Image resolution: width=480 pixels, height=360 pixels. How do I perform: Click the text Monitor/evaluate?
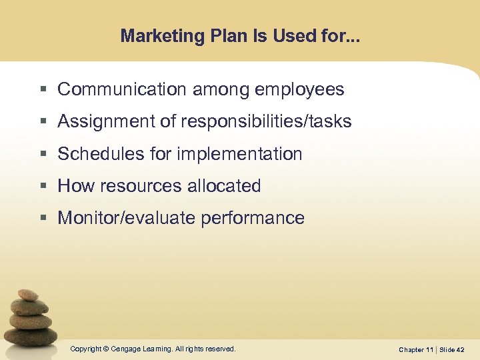(123, 218)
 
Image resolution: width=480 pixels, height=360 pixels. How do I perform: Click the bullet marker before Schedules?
(43, 155)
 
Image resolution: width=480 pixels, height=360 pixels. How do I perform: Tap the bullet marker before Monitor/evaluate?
(43, 219)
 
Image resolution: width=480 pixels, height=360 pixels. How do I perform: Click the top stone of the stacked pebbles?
(28, 295)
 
